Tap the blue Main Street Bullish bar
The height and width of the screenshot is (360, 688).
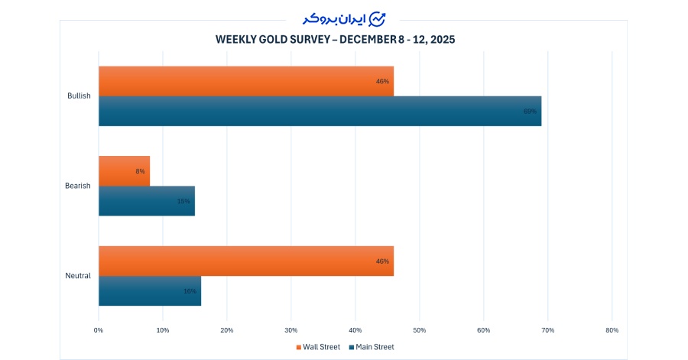tap(320, 111)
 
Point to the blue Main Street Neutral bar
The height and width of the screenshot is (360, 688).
tap(149, 290)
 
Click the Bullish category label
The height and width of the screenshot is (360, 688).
tap(79, 96)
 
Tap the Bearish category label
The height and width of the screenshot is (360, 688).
tap(78, 186)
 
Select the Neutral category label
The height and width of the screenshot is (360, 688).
tap(78, 276)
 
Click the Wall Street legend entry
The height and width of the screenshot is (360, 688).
tap(317, 347)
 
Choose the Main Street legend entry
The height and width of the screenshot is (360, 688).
tap(371, 347)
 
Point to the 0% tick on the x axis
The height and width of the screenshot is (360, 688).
tap(99, 330)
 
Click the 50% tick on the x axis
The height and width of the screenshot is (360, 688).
tap(419, 330)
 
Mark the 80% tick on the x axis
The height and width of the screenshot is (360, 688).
tap(612, 330)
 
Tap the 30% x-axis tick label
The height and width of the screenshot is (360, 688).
tap(290, 330)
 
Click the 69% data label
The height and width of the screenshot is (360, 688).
tap(530, 112)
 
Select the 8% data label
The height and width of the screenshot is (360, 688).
tap(140, 171)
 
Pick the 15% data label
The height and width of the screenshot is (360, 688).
tap(183, 201)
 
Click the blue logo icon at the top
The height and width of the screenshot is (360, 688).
tap(378, 18)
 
